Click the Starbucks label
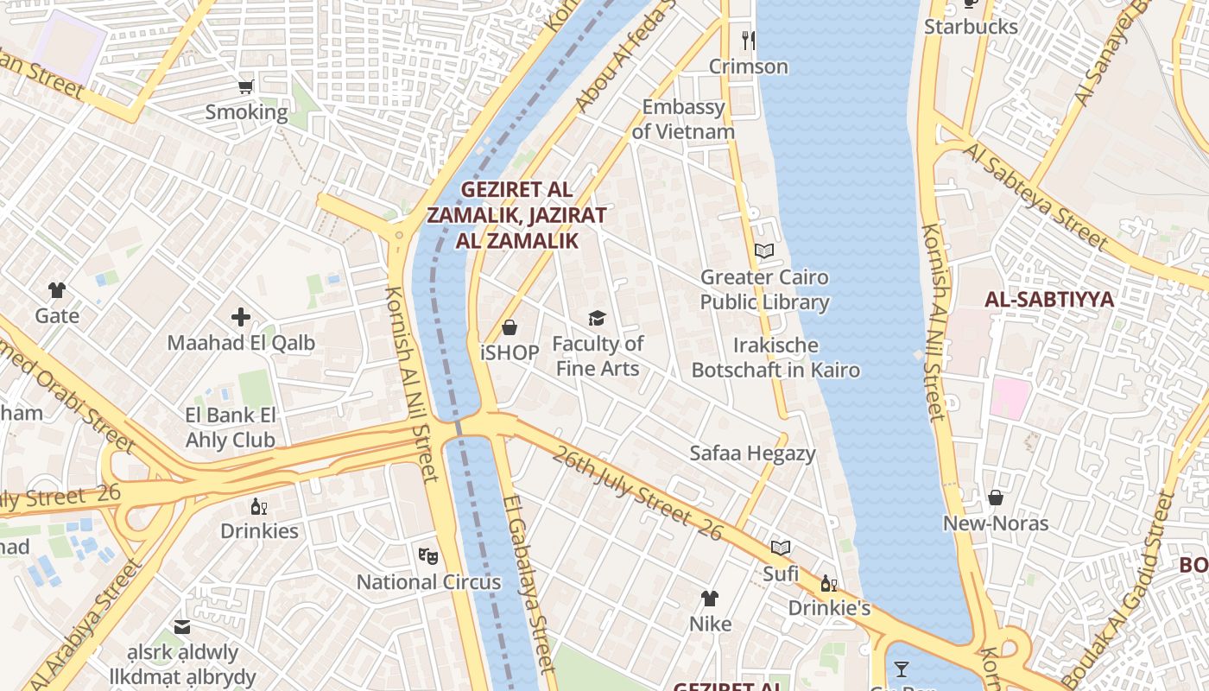(971, 27)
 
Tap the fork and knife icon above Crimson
(749, 40)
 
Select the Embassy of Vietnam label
(683, 119)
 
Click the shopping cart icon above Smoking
(246, 86)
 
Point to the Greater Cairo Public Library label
(764, 289)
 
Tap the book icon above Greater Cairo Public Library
(764, 250)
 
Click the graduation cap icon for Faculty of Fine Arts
(597, 318)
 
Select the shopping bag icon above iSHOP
(510, 327)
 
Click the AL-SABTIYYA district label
(1049, 300)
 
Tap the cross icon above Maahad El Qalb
(241, 317)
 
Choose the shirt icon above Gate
(57, 289)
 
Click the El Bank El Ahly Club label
(230, 428)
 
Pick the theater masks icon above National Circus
(427, 555)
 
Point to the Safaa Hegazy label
(752, 453)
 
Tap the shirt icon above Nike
(710, 598)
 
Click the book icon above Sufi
(781, 548)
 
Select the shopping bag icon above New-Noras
(996, 498)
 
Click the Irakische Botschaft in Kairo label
(775, 358)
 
